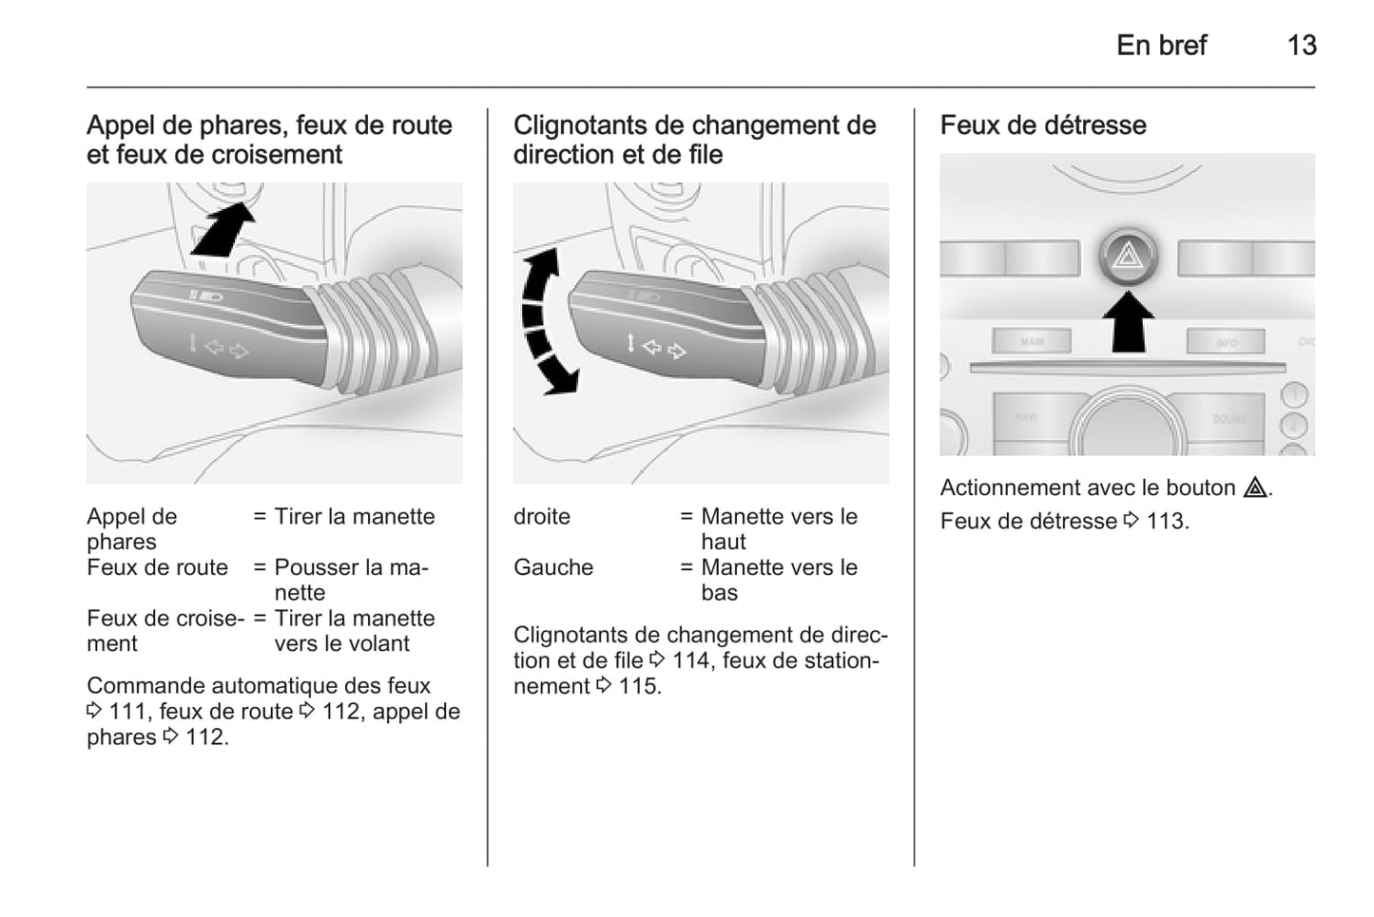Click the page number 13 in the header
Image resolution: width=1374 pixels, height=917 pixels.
[1301, 46]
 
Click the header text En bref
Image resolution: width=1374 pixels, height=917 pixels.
[1161, 46]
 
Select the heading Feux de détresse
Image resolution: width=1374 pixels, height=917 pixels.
[1043, 125]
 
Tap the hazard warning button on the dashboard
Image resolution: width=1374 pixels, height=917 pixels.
[1128, 257]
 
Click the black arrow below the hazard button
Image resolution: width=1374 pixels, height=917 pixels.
[1128, 320]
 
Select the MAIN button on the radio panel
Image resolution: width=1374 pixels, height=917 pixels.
[1032, 341]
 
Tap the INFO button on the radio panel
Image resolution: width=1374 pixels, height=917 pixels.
[1226, 342]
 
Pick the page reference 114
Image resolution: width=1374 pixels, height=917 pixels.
[691, 660]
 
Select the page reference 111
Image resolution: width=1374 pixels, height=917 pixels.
[127, 712]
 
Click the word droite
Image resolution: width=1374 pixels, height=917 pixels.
[542, 517]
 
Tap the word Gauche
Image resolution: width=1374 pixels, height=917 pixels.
[553, 567]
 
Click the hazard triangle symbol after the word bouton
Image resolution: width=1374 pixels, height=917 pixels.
[1255, 488]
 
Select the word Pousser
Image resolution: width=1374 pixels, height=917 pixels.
[316, 567]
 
